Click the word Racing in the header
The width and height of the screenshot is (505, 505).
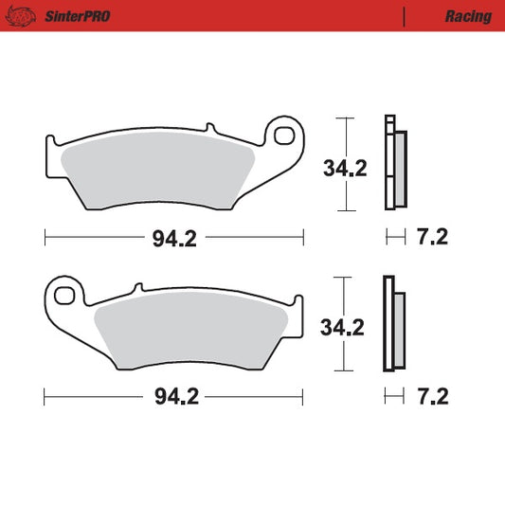point(468,16)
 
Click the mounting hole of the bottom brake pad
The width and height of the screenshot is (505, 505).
point(64,297)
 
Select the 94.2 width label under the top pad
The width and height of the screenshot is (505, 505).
point(174,239)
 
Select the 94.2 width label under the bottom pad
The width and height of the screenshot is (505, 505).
point(174,396)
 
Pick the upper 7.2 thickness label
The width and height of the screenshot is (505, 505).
point(432,238)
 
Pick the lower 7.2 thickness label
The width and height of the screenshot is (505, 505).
point(432,396)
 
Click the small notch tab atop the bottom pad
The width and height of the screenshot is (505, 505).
point(137,285)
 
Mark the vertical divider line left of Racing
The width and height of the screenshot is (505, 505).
point(405,16)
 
